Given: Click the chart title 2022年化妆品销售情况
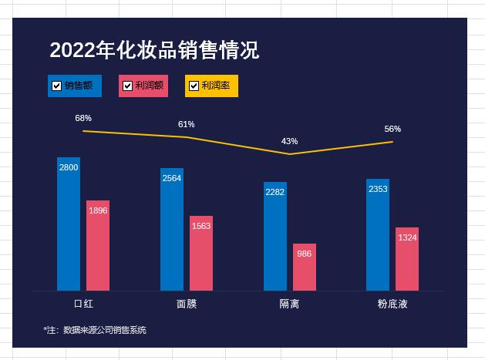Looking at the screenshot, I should coord(154,51).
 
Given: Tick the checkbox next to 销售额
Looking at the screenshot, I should coord(57,86).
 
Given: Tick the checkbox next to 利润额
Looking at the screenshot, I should coord(128,86).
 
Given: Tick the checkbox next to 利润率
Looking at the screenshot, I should coord(194,86).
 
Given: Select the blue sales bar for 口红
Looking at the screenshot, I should coord(69,224).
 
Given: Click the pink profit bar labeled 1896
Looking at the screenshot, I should coord(98,245).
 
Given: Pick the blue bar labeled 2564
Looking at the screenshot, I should coord(172,229).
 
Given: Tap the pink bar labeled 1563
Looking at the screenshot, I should coord(201,253).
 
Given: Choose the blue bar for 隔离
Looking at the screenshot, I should coord(275,236).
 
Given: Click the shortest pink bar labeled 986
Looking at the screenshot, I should coord(305,267).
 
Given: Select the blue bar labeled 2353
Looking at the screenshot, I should coord(378,234).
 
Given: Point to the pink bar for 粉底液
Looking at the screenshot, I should coord(407,258).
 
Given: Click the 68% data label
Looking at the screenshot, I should coord(83,118).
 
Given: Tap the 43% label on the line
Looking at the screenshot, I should coord(289,141).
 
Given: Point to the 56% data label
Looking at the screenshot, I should coord(392,129).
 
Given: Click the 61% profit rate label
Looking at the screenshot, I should coord(186,124).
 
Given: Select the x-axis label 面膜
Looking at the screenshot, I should coord(187,304).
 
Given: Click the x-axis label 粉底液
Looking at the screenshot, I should coord(392,304).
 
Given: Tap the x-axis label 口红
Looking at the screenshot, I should coord(83,304).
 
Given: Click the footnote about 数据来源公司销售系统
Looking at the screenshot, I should coord(95,330).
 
